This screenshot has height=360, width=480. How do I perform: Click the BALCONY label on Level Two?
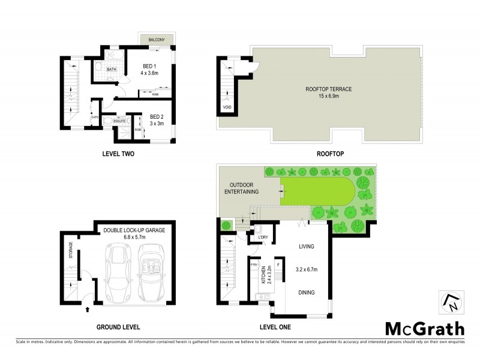(x=157, y=40)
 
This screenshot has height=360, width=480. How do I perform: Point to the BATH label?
(x=111, y=70)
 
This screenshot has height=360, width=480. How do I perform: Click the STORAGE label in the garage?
(x=71, y=250)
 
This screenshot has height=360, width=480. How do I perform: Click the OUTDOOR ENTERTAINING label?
(x=242, y=188)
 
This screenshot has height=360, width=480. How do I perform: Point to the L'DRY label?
(x=262, y=238)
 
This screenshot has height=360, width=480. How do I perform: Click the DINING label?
(x=306, y=293)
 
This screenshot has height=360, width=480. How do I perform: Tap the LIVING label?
(x=306, y=246)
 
